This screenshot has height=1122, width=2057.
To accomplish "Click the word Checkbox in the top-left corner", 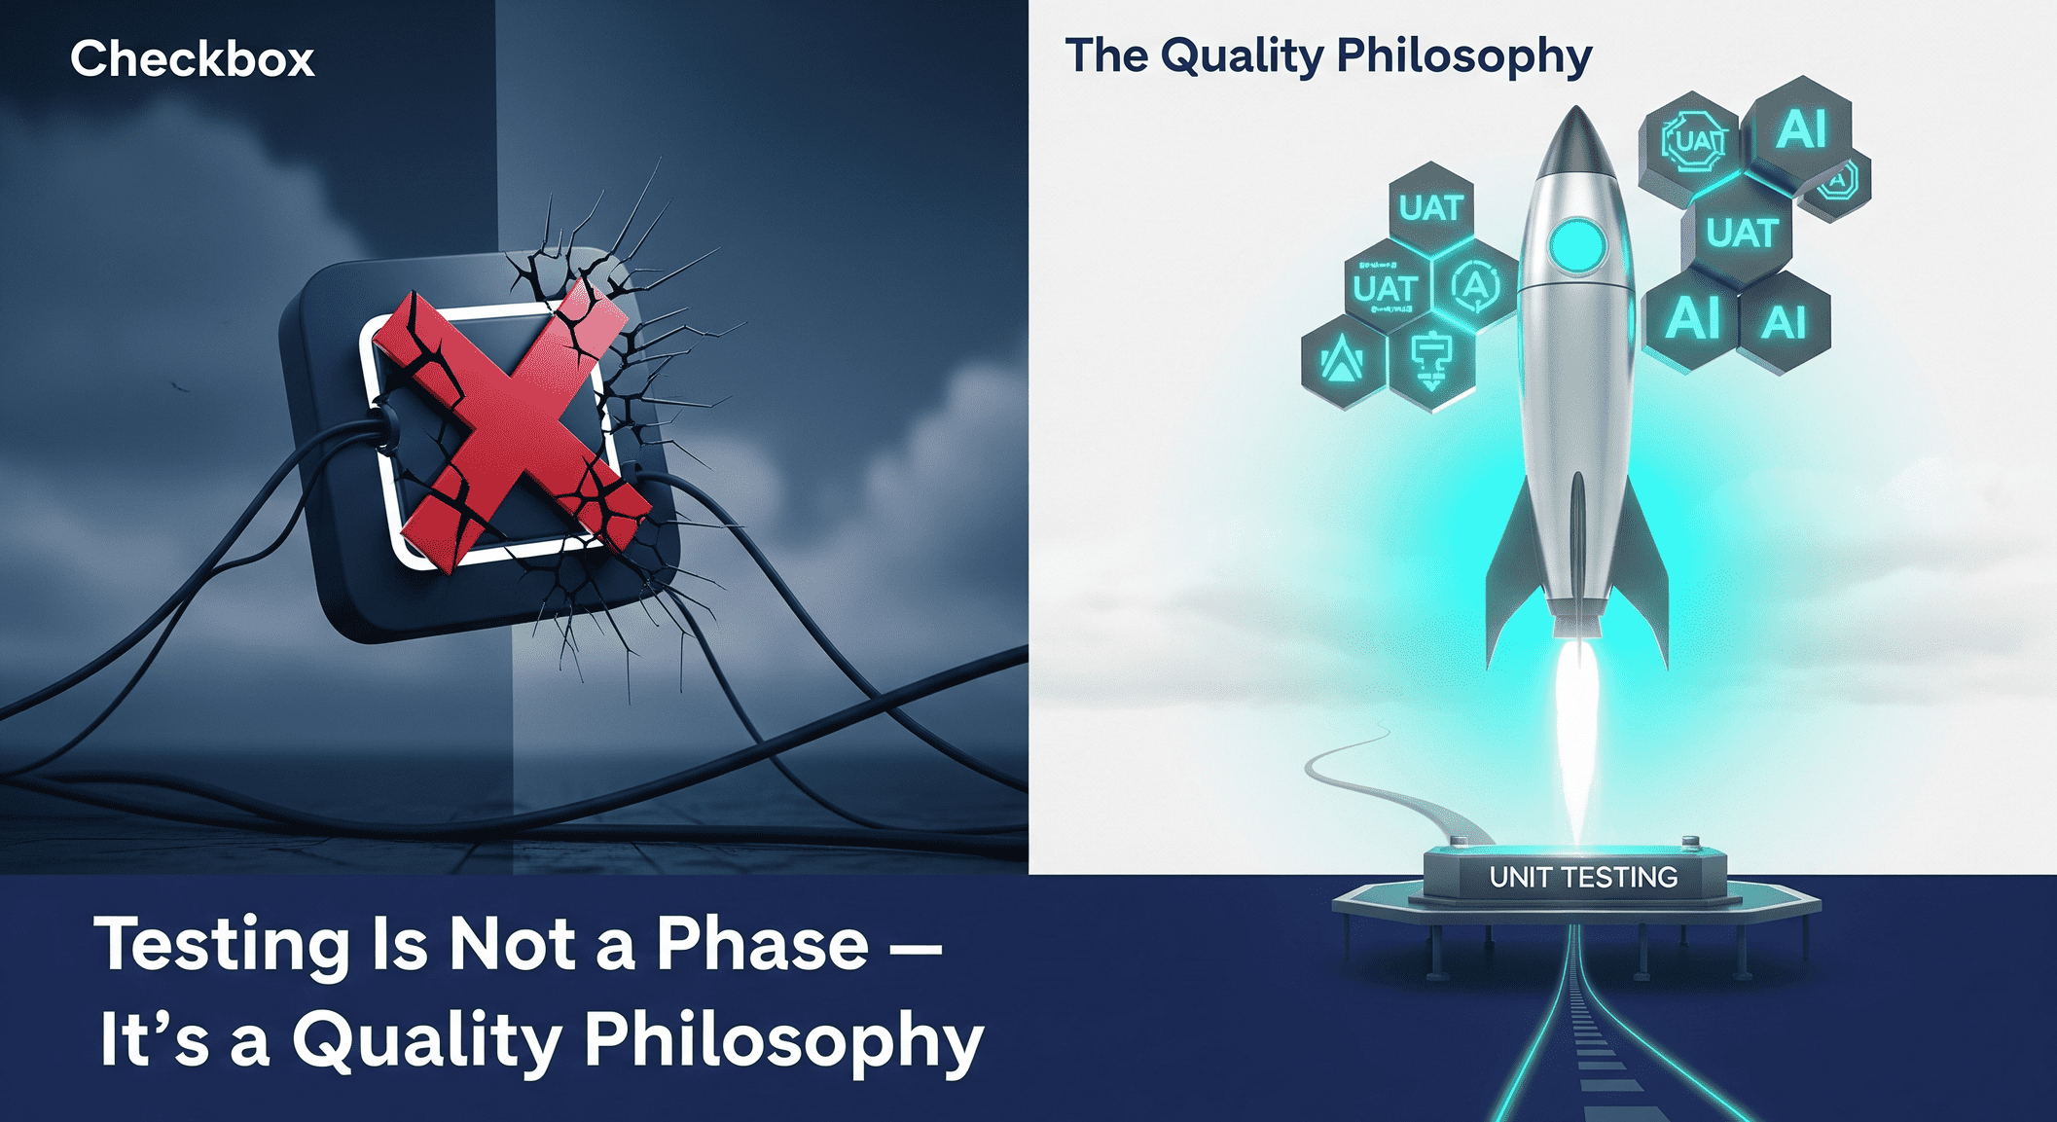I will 192,59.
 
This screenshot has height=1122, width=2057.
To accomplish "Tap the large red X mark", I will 511,428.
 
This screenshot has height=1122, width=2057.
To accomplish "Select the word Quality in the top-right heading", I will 1242,55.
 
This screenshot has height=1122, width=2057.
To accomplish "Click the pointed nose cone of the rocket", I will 1576,136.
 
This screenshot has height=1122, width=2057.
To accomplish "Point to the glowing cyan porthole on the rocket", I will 1576,244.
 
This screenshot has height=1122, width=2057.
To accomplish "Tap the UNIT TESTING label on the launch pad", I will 1583,877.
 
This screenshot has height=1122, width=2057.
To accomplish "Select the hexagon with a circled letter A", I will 1476,286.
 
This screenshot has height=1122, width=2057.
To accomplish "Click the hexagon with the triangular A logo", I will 1343,361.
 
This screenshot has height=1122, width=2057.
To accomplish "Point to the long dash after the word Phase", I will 916,945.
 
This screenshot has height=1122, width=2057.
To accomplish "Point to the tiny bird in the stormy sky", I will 177,387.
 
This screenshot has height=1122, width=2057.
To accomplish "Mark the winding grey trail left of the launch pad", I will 1382,778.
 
